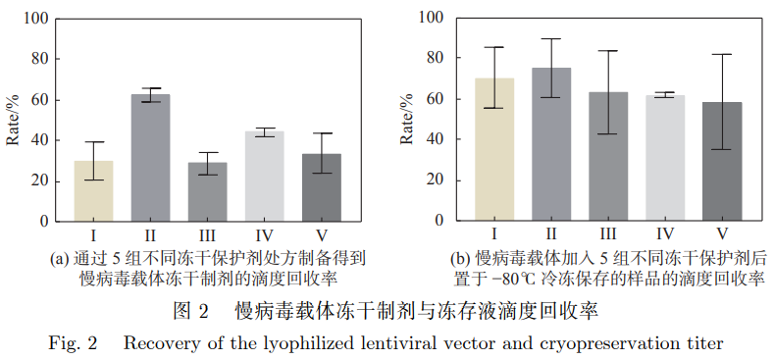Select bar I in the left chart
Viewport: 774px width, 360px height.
93,190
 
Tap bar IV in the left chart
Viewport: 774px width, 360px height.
264,176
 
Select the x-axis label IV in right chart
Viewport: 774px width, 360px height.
665,234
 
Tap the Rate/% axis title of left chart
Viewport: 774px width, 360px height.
13,121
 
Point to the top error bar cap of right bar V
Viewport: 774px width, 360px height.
722,55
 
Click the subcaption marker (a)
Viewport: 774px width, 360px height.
59,258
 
